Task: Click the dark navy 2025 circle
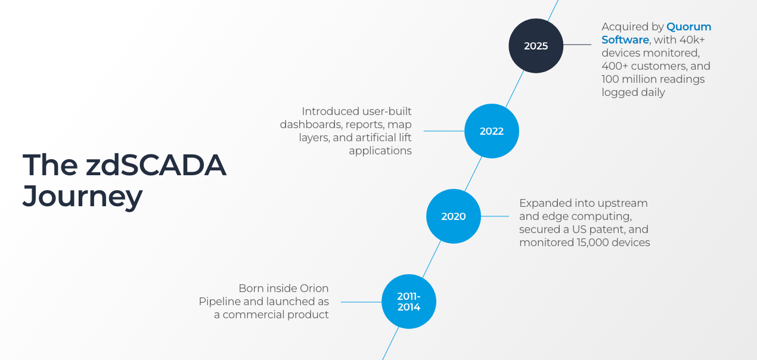point(536,46)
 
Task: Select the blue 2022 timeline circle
point(491,131)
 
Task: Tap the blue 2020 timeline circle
point(453,216)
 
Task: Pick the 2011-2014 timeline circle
point(408,301)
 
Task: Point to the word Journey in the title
point(82,196)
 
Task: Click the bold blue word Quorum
point(689,27)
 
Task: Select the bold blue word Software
point(625,40)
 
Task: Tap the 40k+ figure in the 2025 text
point(692,40)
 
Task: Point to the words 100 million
point(633,79)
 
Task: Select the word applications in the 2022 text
point(380,151)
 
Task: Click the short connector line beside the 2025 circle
point(577,45)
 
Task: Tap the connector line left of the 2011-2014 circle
point(360,301)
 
